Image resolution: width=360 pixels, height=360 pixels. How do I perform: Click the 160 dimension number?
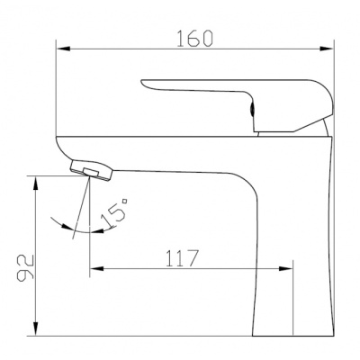(194, 39)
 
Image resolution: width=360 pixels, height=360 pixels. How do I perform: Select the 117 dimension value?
(183, 257)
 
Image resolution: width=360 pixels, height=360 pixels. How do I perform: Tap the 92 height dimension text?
(25, 268)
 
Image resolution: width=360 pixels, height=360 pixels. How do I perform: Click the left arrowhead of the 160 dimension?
(63, 49)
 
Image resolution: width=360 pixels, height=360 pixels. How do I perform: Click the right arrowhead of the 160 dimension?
(327, 49)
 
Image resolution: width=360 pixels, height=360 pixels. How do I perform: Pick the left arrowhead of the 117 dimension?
(96, 268)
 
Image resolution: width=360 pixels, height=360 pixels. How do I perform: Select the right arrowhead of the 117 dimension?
(285, 268)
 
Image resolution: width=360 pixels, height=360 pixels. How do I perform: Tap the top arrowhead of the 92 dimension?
(36, 183)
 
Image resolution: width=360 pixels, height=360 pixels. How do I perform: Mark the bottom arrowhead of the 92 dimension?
(36, 328)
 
